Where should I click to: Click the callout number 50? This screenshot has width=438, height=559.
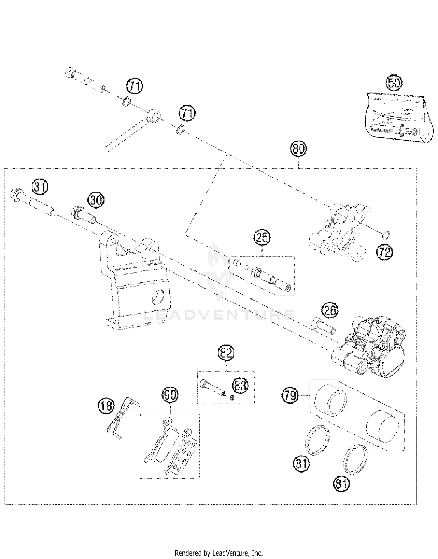coord(394,83)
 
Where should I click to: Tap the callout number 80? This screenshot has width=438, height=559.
coord(298,149)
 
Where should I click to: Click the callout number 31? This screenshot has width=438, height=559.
coord(40,187)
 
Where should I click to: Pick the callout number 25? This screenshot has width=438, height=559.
coord(262,237)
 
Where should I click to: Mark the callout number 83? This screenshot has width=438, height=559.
coord(240,385)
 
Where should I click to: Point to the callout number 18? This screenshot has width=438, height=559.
coord(106,406)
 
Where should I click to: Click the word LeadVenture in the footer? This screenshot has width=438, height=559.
coord(231,553)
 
